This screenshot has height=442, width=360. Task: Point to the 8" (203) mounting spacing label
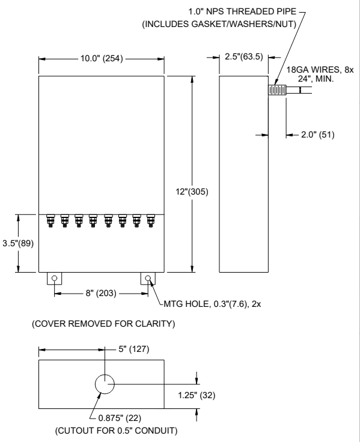pyautogui.click(x=101, y=294)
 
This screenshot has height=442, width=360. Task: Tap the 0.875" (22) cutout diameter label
pyautogui.click(x=120, y=417)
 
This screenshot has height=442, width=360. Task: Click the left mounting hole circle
pyautogui.click(x=55, y=279)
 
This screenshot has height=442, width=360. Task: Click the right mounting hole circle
pyautogui.click(x=148, y=279)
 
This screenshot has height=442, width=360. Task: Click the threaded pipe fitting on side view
pyautogui.click(x=276, y=91)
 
